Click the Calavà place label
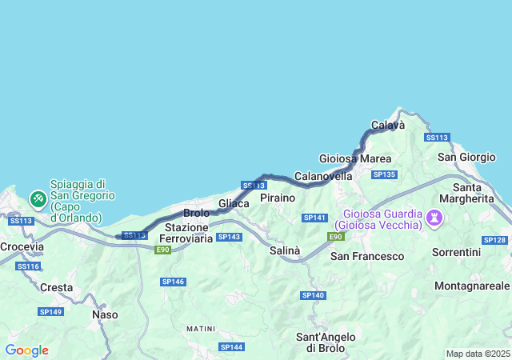click(388, 125)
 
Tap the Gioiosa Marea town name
click(354, 158)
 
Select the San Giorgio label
click(467, 156)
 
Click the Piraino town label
click(278, 198)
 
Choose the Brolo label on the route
click(197, 213)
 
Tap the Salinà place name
click(285, 250)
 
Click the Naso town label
click(105, 314)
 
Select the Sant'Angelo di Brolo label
click(320, 342)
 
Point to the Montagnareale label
click(472, 286)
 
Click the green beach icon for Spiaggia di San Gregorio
click(38, 198)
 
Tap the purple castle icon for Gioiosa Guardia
click(434, 217)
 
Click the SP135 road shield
click(384, 174)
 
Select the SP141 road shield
click(314, 218)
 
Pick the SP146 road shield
click(173, 282)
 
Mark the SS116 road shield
click(27, 266)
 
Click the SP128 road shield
click(494, 240)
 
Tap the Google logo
click(26, 350)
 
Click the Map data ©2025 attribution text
click(477, 354)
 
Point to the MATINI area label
click(200, 329)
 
